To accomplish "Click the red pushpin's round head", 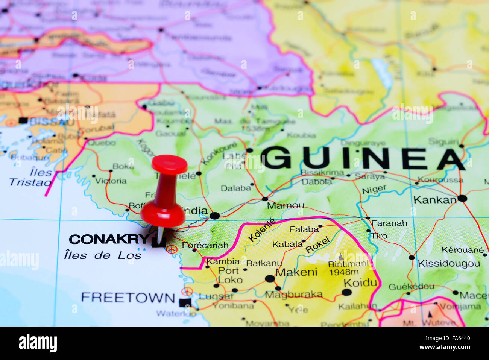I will click(x=169, y=165).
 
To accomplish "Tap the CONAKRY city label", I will click(x=109, y=239).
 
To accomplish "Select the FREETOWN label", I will click(x=128, y=298).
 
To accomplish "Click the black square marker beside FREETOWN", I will click(x=185, y=302).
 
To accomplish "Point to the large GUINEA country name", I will click(x=363, y=158).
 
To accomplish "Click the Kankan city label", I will click(x=434, y=200).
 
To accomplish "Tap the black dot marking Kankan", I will click(x=462, y=198).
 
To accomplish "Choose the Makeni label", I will click(x=296, y=272).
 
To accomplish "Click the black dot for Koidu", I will click(x=346, y=292).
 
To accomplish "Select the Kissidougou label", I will click(x=449, y=263).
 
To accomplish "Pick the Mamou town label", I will click(x=286, y=205).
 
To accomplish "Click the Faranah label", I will click(x=389, y=223).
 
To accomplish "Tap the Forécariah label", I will click(x=205, y=245).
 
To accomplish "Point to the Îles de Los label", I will click(x=103, y=255).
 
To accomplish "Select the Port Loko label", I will click(x=229, y=275).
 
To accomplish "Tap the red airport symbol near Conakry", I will click(x=172, y=249).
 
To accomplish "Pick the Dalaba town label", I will click(x=235, y=188).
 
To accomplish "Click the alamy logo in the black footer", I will click(x=38, y=343).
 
